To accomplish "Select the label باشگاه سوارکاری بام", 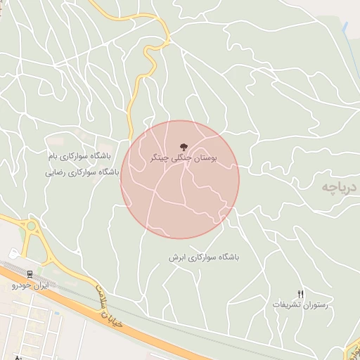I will [80, 155].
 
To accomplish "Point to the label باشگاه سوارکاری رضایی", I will [82, 172].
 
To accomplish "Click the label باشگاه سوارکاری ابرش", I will [204, 257].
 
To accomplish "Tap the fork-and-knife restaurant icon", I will [301, 294].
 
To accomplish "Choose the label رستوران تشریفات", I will [301, 305].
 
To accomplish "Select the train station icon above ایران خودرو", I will [30, 274].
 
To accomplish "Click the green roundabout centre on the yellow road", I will [31, 227].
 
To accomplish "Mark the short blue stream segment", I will [345, 28].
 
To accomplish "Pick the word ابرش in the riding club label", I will [176, 257].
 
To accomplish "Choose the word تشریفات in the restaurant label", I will [285, 305].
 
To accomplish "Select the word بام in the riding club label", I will [51, 155].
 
